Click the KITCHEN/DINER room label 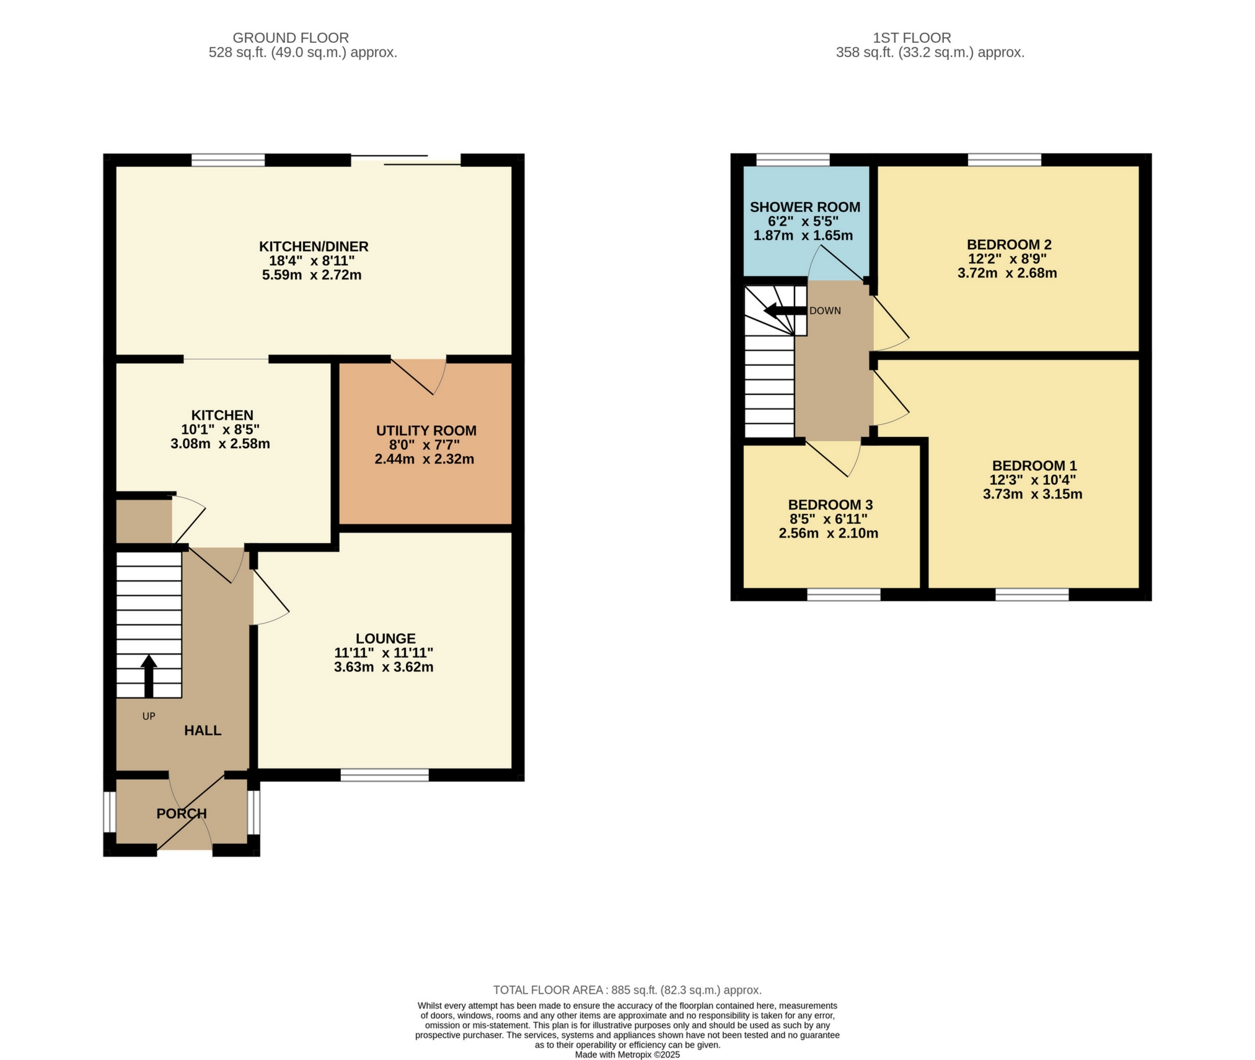314,247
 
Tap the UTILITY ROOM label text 426,431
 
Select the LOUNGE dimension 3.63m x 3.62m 383,668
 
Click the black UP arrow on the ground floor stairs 149,676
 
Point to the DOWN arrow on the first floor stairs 784,311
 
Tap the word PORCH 181,814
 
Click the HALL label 203,731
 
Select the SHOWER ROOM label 804,208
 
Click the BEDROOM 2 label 1009,245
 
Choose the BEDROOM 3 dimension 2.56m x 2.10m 828,534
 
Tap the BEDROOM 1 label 1034,466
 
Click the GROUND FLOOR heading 291,38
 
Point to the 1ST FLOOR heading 912,38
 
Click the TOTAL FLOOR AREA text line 627,990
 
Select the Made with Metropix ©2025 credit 627,1054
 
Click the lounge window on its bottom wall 384,775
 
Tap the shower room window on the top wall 793,160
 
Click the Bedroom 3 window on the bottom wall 843,595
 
